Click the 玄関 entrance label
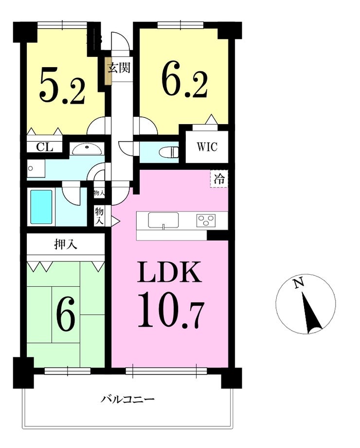[x=119, y=68]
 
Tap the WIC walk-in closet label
[x=207, y=147]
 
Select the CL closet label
[x=45, y=148]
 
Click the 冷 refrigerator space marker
[x=219, y=179]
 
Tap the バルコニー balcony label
[x=127, y=399]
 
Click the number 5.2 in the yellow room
[x=62, y=86]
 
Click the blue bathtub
[x=41, y=207]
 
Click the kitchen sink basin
[x=163, y=220]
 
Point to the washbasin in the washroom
[x=86, y=149]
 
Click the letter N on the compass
[x=299, y=283]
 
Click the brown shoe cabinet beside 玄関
[x=108, y=71]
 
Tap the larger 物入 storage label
[x=99, y=216]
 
